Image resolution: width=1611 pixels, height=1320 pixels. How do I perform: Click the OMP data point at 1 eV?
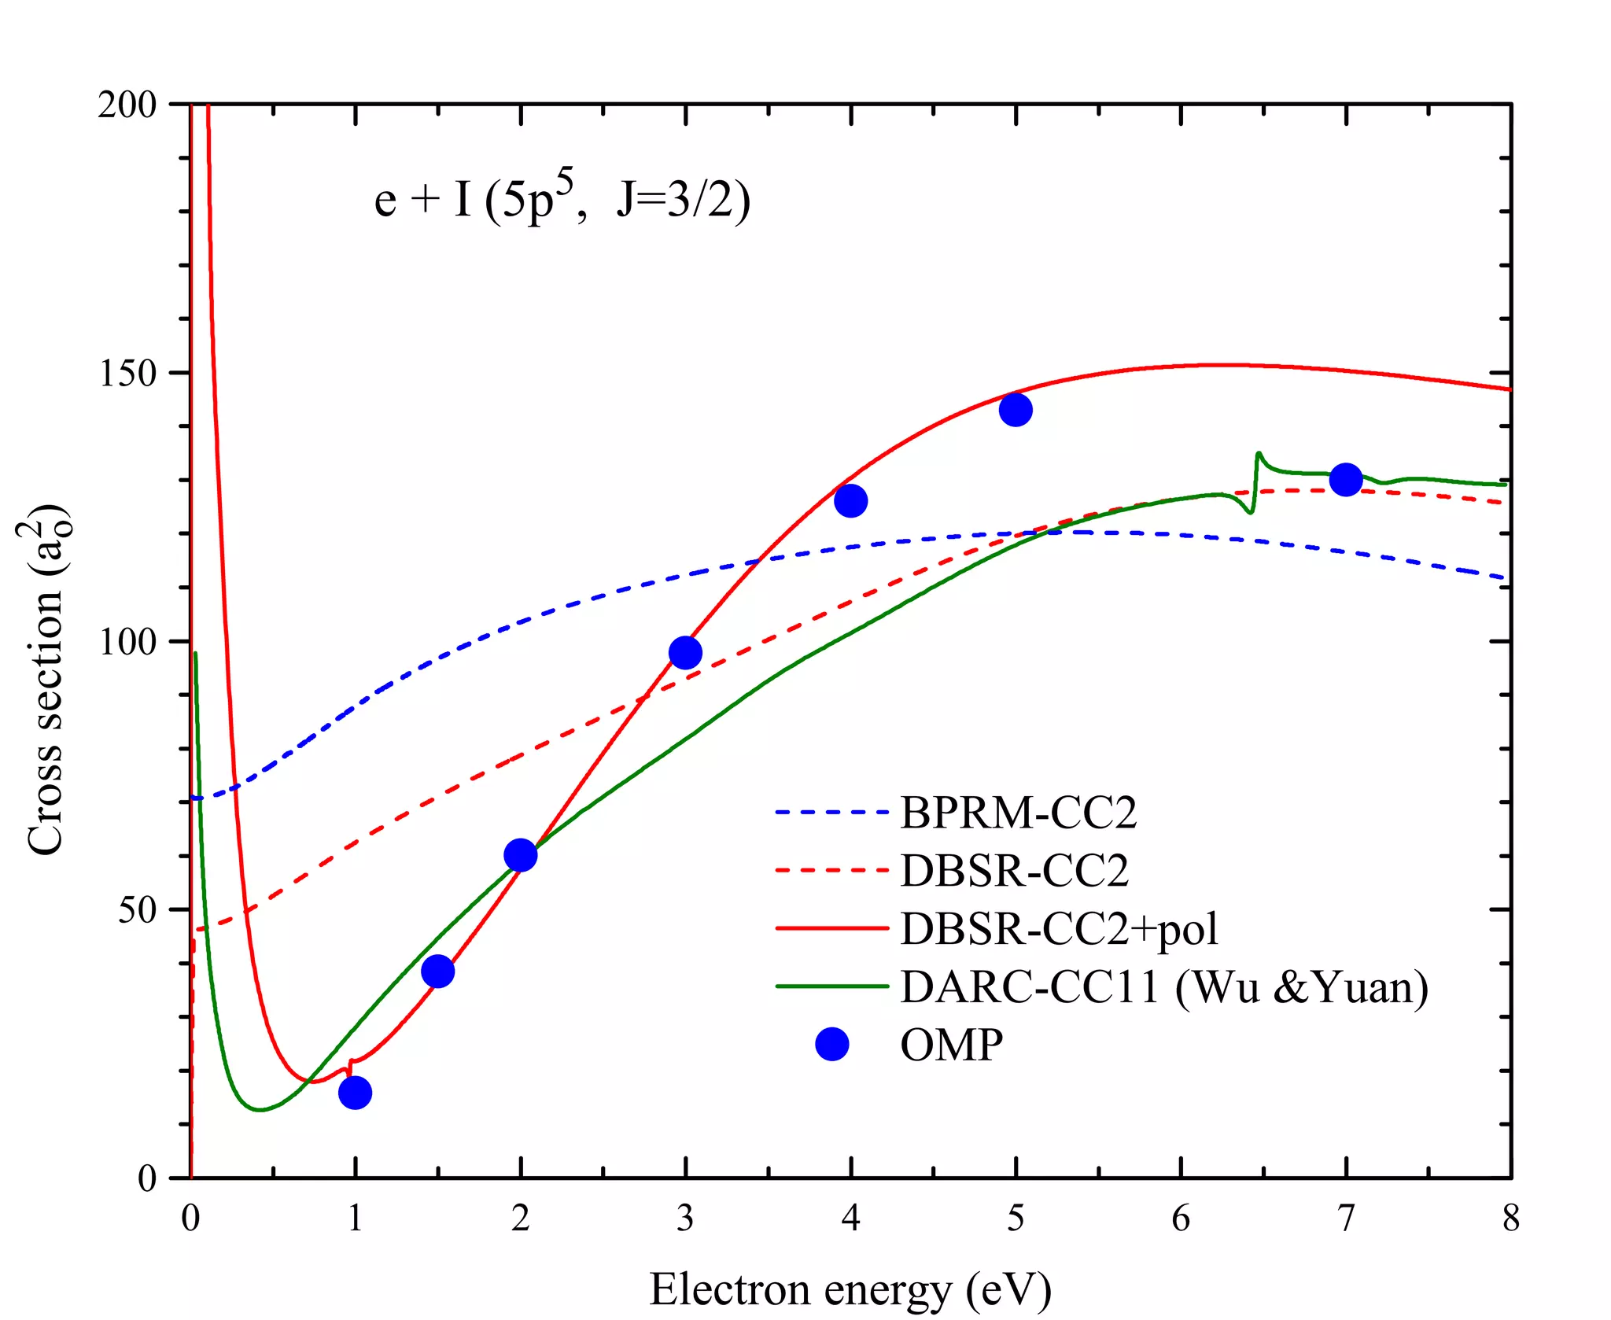pyautogui.click(x=355, y=1092)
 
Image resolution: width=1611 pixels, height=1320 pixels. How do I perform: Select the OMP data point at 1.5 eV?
pyautogui.click(x=437, y=971)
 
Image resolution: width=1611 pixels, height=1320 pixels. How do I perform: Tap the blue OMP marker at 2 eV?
pyautogui.click(x=520, y=854)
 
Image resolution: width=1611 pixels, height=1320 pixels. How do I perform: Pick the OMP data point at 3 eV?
pyautogui.click(x=685, y=652)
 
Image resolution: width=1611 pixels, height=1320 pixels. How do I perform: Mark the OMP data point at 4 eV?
pyautogui.click(x=850, y=500)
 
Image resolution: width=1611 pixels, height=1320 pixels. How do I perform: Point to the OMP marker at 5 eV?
pyautogui.click(x=1016, y=409)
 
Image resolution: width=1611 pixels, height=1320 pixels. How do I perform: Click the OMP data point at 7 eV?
pyautogui.click(x=1346, y=478)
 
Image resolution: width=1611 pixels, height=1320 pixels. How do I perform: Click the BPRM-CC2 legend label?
pyautogui.click(x=1018, y=813)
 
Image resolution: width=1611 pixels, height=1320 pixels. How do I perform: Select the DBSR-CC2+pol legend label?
pyautogui.click(x=1059, y=928)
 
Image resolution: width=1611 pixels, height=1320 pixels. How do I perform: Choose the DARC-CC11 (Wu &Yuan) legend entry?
pyautogui.click(x=1164, y=986)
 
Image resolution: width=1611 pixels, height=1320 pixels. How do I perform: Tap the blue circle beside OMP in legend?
pyautogui.click(x=832, y=1044)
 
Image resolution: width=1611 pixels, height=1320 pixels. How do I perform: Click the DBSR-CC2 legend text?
pyautogui.click(x=1014, y=870)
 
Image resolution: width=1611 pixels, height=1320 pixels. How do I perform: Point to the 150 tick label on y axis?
pyautogui.click(x=127, y=373)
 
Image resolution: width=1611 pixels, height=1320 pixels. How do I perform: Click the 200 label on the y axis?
pyautogui.click(x=127, y=105)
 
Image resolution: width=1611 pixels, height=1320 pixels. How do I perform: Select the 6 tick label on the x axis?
pyautogui.click(x=1181, y=1219)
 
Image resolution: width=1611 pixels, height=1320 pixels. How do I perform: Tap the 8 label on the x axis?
pyautogui.click(x=1510, y=1219)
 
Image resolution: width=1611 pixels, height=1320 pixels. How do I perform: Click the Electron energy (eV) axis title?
pyautogui.click(x=850, y=1289)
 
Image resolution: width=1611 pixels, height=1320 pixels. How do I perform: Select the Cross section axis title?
pyautogui.click(x=46, y=680)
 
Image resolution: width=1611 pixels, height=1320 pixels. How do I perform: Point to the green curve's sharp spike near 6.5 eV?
pyautogui.click(x=1259, y=455)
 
